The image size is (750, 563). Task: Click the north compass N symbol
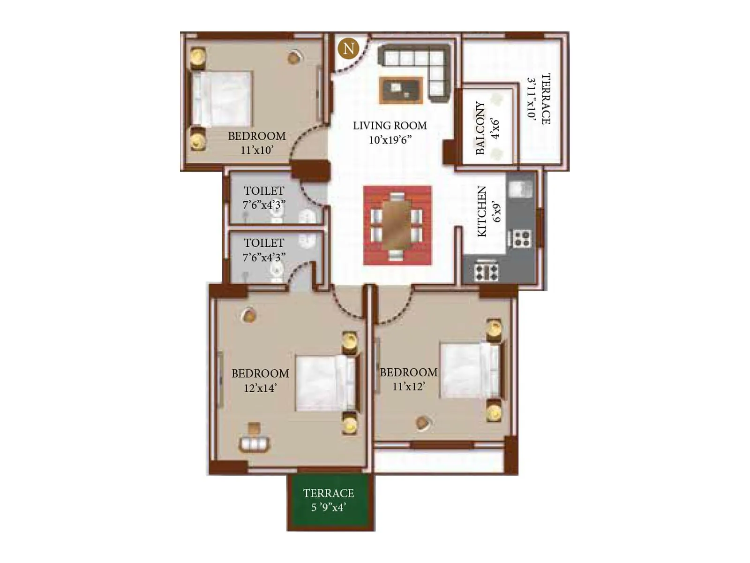(x=348, y=48)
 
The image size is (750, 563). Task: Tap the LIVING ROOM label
(x=390, y=126)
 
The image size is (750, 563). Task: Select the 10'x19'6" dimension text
(x=390, y=140)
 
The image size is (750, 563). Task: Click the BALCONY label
(x=480, y=128)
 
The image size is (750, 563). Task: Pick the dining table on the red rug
(x=397, y=225)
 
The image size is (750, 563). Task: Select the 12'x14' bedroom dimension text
(x=260, y=388)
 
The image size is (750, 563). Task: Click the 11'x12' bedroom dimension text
(x=408, y=387)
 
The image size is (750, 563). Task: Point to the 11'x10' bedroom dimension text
(x=256, y=150)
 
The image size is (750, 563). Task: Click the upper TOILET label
(x=264, y=191)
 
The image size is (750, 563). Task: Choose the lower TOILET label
(x=264, y=243)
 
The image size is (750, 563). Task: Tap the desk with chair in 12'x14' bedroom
(x=254, y=441)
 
